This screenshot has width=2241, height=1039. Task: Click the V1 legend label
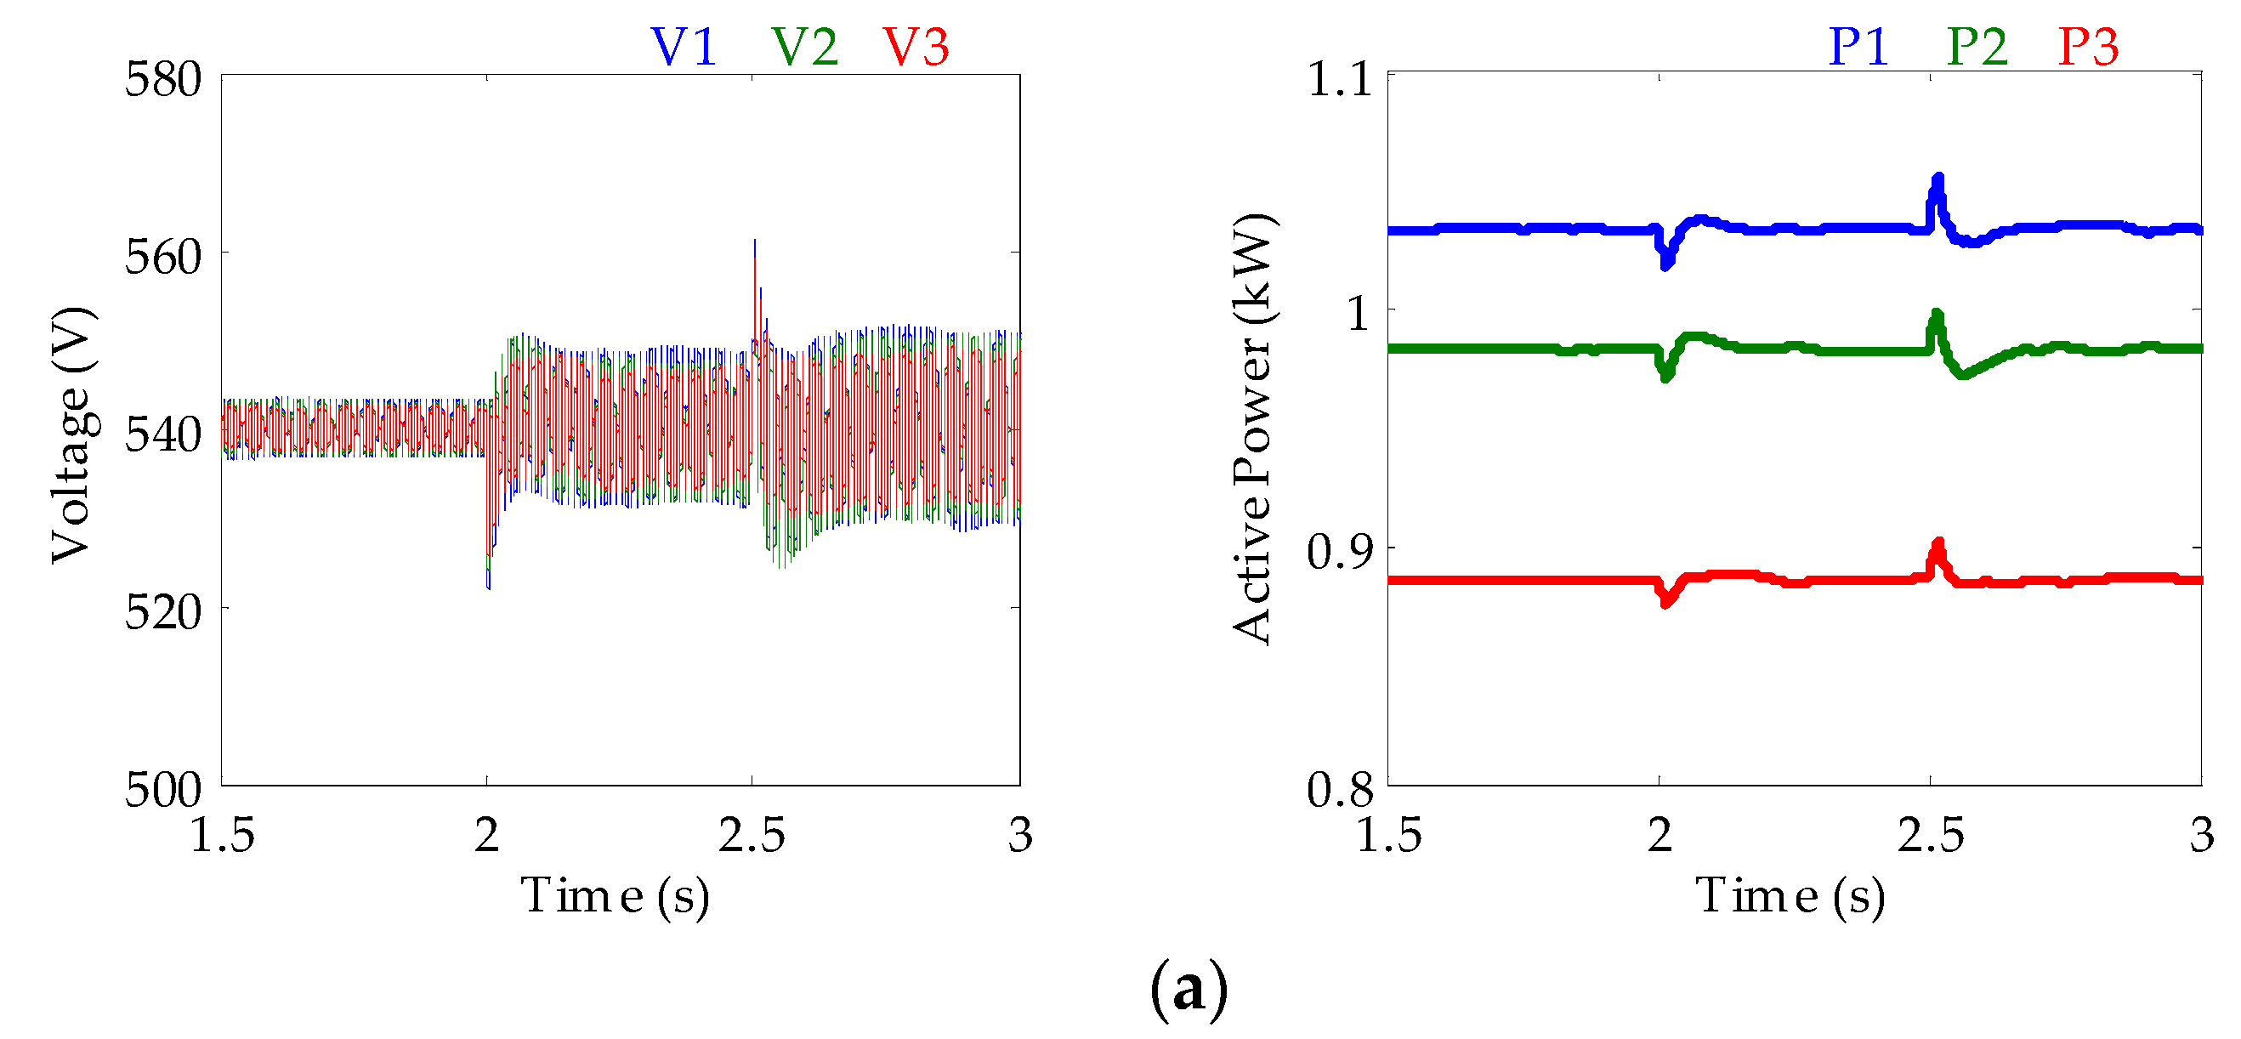click(x=684, y=47)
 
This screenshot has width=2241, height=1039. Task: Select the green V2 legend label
click(x=805, y=47)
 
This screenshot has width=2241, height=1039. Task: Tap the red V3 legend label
click(x=916, y=47)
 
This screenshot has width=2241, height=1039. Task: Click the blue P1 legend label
click(x=1858, y=47)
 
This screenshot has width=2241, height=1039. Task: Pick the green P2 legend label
click(x=1977, y=47)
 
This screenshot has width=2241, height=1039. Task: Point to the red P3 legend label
click(x=2088, y=47)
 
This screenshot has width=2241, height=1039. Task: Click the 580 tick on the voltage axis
click(x=163, y=80)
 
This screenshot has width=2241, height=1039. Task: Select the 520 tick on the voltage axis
click(x=163, y=613)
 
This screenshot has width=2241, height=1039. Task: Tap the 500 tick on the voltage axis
click(x=163, y=790)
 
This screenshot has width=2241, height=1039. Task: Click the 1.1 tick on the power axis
click(x=1340, y=80)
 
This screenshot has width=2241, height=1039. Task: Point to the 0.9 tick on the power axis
click(x=1340, y=552)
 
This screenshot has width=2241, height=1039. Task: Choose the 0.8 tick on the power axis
click(x=1340, y=790)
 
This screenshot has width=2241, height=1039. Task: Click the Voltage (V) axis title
click(x=71, y=435)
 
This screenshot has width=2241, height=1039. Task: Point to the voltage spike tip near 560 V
click(x=754, y=241)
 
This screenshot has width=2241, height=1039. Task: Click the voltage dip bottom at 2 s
click(x=488, y=588)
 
